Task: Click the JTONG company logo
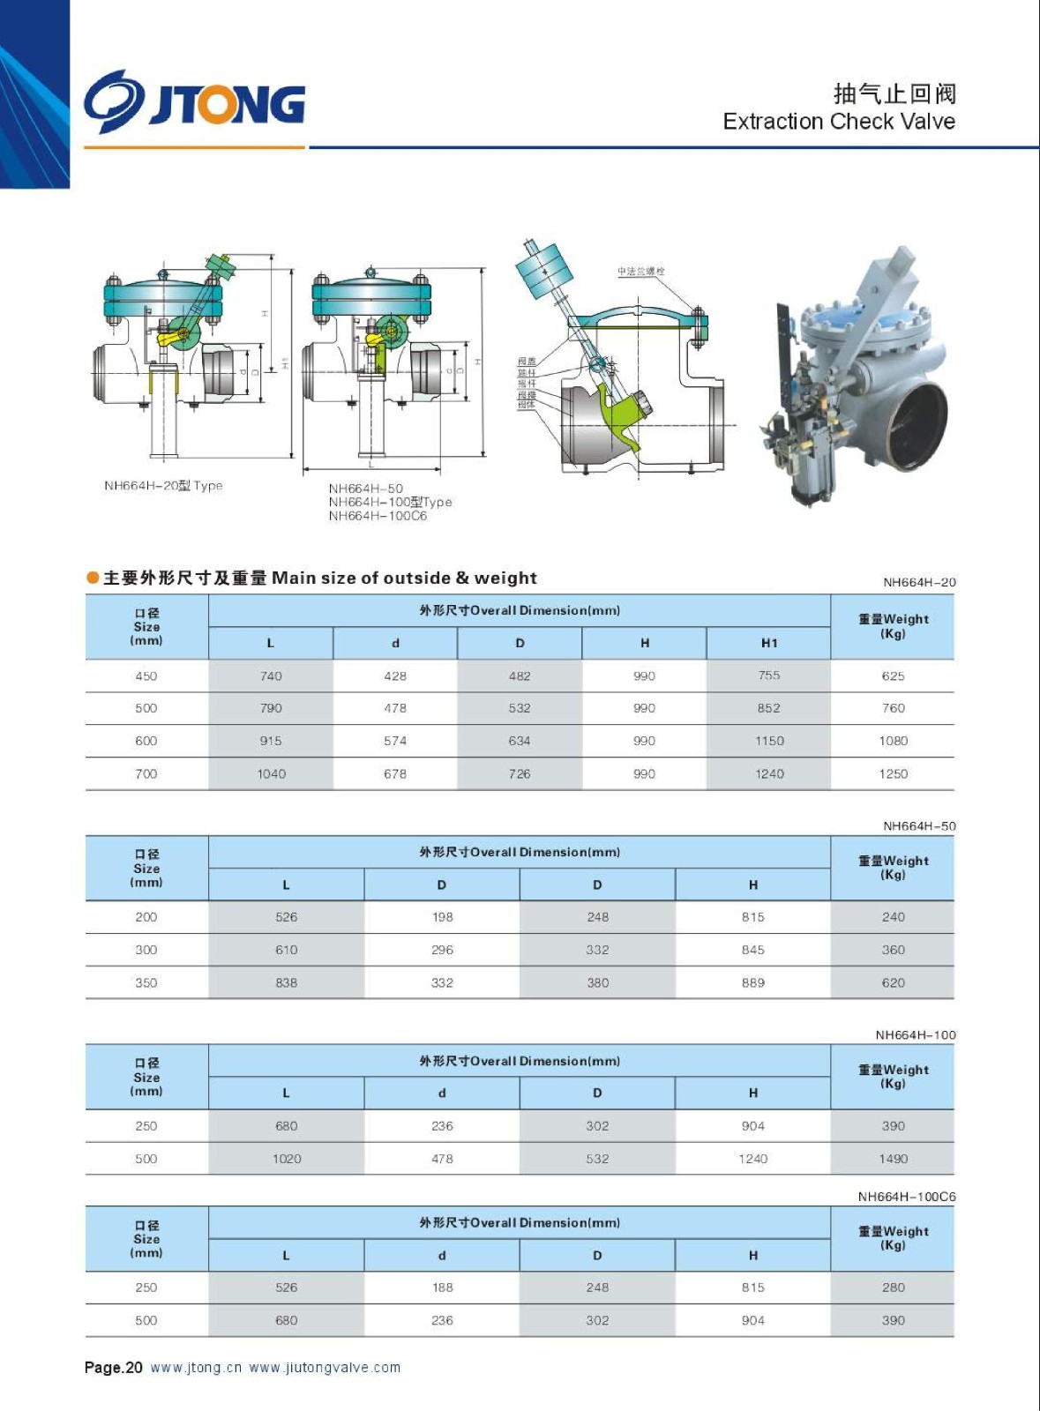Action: (x=195, y=102)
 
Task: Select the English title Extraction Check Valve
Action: (x=838, y=122)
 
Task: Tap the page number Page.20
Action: (x=113, y=1368)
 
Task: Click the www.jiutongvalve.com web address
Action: (x=325, y=1368)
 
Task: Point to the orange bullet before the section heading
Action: (x=93, y=579)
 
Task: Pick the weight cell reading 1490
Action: (x=893, y=1159)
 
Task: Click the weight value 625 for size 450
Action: (x=893, y=676)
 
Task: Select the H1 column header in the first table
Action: (x=769, y=643)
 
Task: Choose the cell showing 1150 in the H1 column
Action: (x=769, y=741)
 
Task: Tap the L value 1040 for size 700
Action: (x=271, y=773)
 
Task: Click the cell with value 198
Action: (x=442, y=917)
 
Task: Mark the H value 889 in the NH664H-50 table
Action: (x=753, y=982)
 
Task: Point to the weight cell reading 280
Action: (x=893, y=1288)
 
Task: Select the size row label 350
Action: (x=146, y=982)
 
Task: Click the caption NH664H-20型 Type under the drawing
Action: (x=163, y=486)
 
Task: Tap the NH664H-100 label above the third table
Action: (x=915, y=1035)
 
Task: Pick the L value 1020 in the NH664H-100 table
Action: (x=287, y=1159)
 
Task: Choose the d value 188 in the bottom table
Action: (x=442, y=1288)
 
